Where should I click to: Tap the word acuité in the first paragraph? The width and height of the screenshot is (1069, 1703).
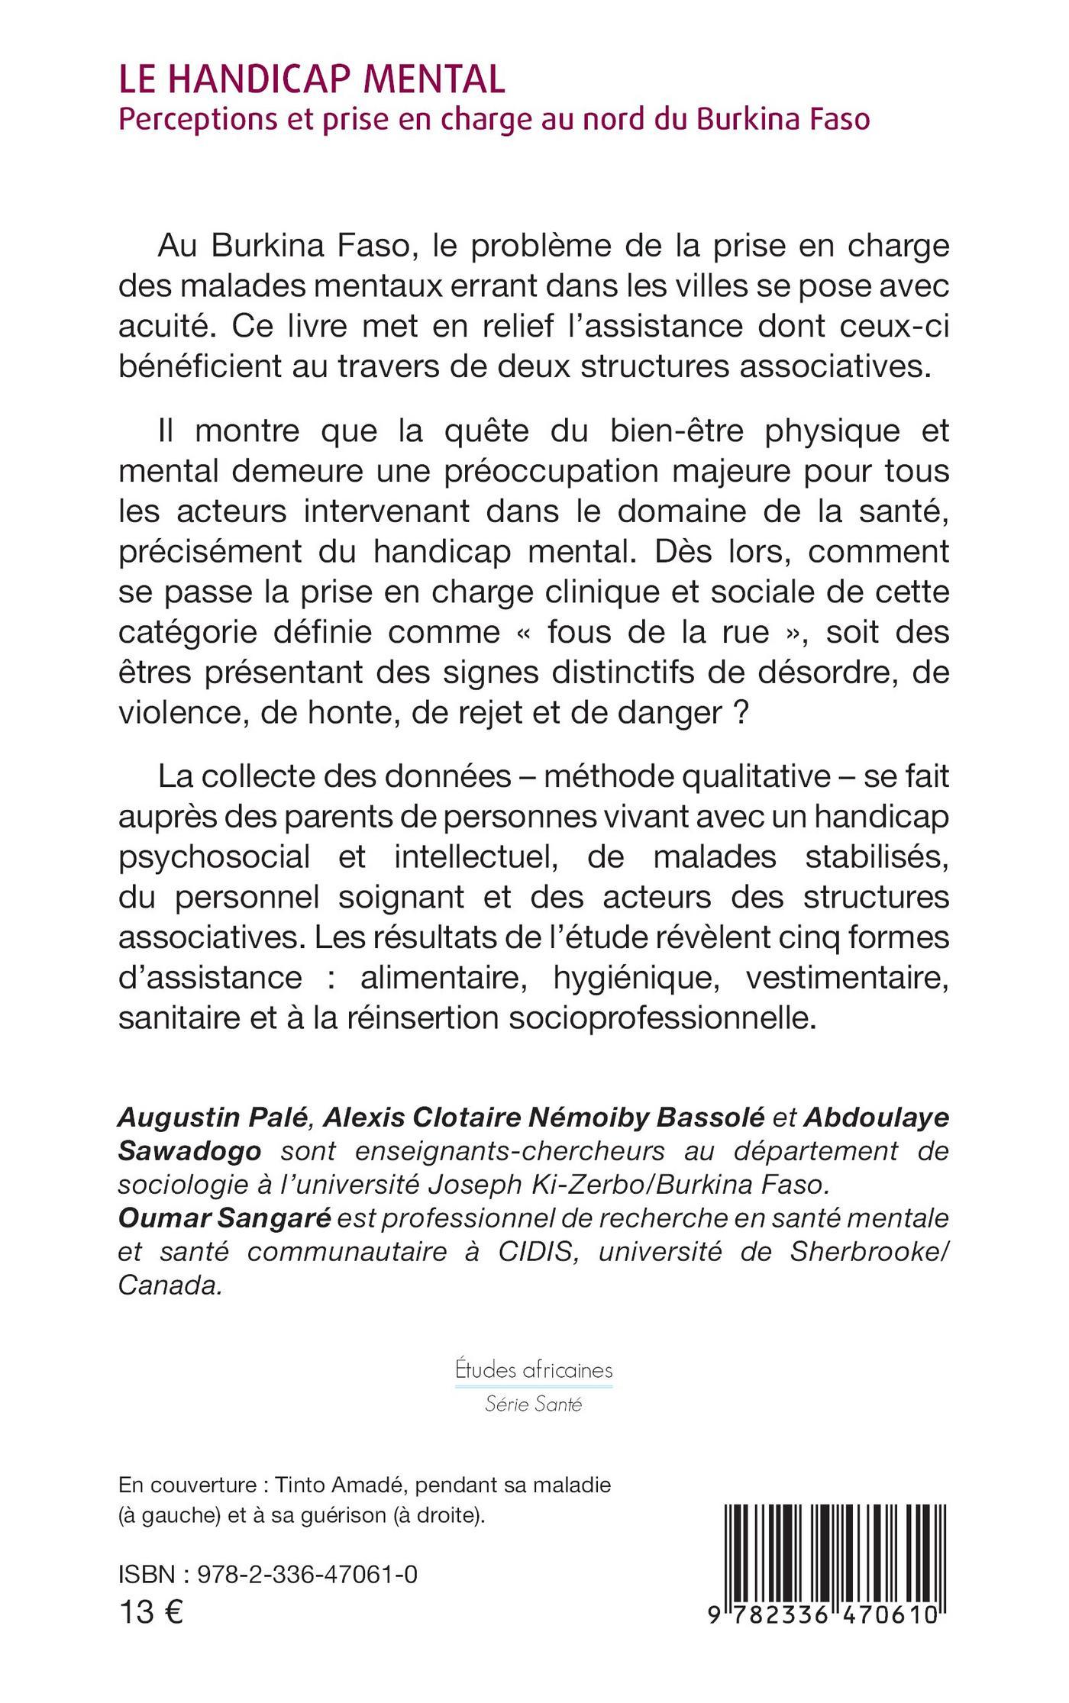[x=162, y=326]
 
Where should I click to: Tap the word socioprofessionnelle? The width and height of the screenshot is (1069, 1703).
[x=657, y=1018]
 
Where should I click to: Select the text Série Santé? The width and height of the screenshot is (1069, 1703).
[x=534, y=1404]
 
